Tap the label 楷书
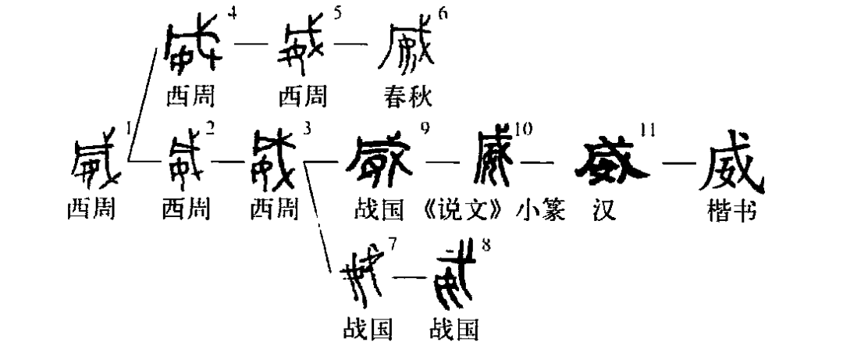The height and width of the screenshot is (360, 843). point(730,211)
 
